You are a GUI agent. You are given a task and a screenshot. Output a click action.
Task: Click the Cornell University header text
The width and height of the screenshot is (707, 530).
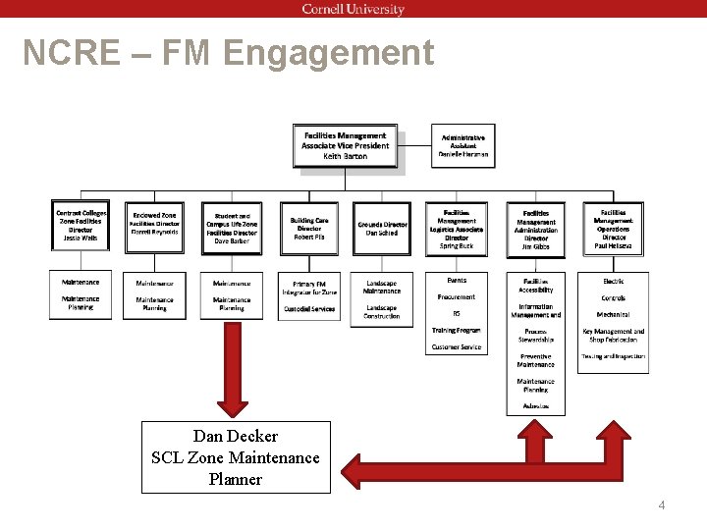pyautogui.click(x=353, y=10)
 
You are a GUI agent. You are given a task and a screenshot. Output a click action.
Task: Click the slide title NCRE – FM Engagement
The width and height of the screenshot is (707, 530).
pyautogui.click(x=228, y=53)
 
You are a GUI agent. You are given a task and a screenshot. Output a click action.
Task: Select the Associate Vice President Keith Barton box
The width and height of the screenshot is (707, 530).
pyautogui.click(x=346, y=146)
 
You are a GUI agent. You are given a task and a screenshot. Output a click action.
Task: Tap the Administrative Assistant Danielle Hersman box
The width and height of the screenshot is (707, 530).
pyautogui.click(x=462, y=146)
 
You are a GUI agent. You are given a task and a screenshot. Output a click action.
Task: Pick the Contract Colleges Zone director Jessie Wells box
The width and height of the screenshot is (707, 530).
pyautogui.click(x=81, y=226)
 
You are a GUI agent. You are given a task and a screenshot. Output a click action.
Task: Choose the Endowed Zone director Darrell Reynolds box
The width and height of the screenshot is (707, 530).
pyautogui.click(x=155, y=226)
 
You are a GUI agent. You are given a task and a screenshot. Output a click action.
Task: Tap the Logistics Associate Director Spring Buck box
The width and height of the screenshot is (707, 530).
pyautogui.click(x=456, y=229)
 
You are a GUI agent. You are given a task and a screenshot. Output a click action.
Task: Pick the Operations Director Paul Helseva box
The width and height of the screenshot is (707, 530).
pyautogui.click(x=614, y=228)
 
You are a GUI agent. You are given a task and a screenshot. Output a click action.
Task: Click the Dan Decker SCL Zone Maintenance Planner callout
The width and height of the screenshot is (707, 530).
pyautogui.click(x=236, y=457)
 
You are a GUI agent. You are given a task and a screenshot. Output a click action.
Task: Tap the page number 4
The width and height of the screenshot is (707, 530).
pyautogui.click(x=662, y=505)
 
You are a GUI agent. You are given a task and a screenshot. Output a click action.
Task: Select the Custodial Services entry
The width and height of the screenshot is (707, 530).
pyautogui.click(x=309, y=309)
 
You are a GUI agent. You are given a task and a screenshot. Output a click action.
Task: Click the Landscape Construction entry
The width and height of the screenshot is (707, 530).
pyautogui.click(x=382, y=312)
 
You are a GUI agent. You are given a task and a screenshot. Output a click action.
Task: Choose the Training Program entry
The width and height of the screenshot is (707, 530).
pyautogui.click(x=456, y=331)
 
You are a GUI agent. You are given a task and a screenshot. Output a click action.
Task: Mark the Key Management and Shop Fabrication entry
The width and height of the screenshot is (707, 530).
pyautogui.click(x=614, y=336)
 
